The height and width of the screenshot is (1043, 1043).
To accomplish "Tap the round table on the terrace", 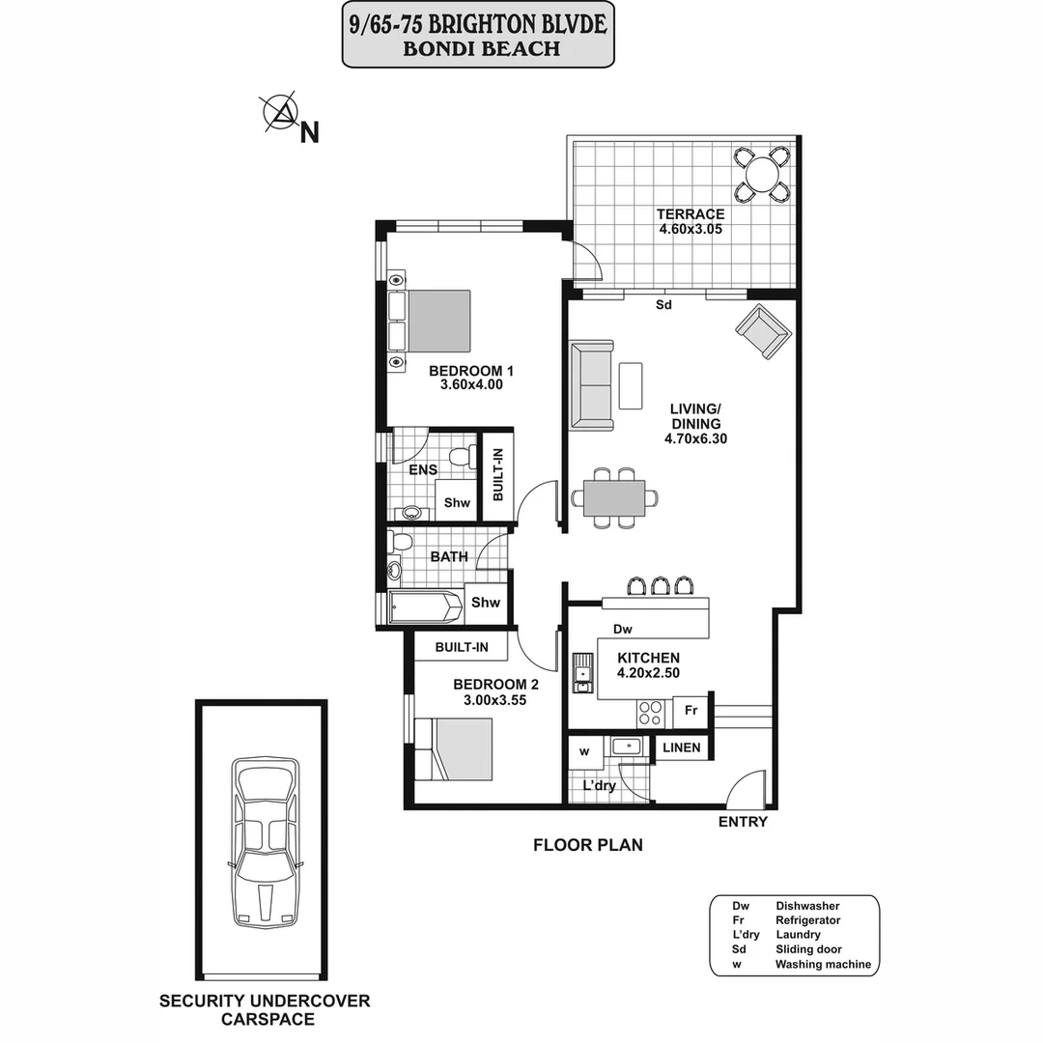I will (763, 174).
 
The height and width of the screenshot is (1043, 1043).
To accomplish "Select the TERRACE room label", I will (690, 214).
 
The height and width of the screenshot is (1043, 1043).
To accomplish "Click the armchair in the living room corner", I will (763, 333).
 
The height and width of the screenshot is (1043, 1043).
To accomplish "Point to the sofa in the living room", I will (591, 384).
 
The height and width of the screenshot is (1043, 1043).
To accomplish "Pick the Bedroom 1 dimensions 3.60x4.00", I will (471, 384).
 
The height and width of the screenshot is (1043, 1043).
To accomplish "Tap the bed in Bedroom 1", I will (437, 322).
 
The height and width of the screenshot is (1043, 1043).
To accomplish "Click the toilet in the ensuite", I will (463, 456).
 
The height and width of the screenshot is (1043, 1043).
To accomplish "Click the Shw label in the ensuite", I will (457, 502).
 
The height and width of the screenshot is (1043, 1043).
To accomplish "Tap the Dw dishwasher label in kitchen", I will (623, 630).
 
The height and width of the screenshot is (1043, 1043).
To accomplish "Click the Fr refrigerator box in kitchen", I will (691, 711).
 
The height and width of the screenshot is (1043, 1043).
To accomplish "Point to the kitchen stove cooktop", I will (650, 713).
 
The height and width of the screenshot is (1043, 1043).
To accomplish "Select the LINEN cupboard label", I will (682, 748).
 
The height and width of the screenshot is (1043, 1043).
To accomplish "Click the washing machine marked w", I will (584, 751).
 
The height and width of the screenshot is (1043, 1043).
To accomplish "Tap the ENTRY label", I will (743, 822).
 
